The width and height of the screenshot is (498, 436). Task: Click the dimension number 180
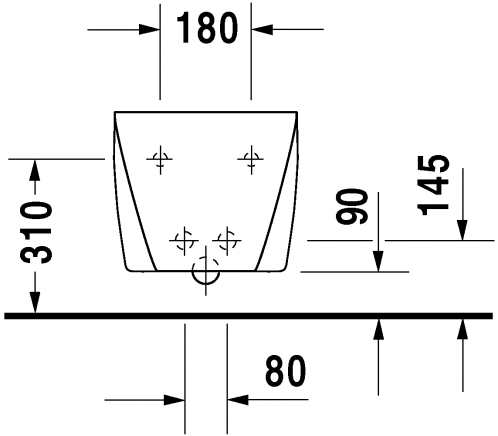pyautogui.click(x=207, y=28)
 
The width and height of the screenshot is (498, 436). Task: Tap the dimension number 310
pyautogui.click(x=36, y=232)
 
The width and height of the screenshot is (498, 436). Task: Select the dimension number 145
pyautogui.click(x=433, y=185)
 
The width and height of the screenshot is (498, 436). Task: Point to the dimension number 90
pyautogui.click(x=352, y=206)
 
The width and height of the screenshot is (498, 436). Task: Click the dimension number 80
pyautogui.click(x=285, y=370)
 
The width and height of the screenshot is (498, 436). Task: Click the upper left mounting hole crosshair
pyautogui.click(x=160, y=159)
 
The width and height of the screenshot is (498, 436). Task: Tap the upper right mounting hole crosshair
pyautogui.click(x=251, y=159)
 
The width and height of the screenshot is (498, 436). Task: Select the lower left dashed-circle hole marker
pyautogui.click(x=184, y=240)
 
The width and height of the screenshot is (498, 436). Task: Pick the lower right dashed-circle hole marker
pyautogui.click(x=227, y=240)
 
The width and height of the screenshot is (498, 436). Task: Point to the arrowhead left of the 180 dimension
pyautogui.click(x=149, y=29)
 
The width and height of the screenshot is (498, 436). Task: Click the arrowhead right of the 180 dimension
pyautogui.click(x=262, y=29)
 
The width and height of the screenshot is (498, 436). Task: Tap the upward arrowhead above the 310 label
pyautogui.click(x=35, y=170)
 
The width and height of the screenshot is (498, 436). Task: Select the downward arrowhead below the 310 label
pyautogui.click(x=35, y=302)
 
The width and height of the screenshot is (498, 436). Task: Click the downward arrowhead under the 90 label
pyautogui.click(x=378, y=261)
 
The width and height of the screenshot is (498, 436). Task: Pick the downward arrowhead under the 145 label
pyautogui.click(x=462, y=230)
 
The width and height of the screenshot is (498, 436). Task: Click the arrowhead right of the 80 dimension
pyautogui.click(x=238, y=399)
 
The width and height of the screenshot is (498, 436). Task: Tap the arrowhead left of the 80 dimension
pyautogui.click(x=174, y=399)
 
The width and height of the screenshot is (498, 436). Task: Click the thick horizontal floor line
pyautogui.click(x=249, y=316)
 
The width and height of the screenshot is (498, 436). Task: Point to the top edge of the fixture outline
pyautogui.click(x=206, y=112)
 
